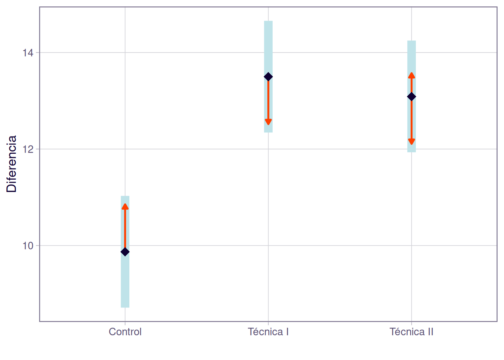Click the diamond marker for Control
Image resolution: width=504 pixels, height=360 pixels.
point(125,252)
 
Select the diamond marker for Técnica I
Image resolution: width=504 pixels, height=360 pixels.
point(268,77)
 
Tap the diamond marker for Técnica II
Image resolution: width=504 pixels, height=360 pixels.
point(411,97)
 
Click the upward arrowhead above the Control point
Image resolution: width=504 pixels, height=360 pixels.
point(125,206)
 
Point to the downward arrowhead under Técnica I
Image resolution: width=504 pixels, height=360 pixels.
point(268,122)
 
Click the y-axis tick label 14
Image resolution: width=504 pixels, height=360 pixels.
point(28,53)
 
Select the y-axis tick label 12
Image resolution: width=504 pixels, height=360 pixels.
point(28,149)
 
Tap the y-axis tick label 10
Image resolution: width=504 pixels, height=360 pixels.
point(28,246)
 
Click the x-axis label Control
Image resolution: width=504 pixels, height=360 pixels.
point(125,332)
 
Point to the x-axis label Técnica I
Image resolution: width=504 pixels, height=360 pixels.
point(268,332)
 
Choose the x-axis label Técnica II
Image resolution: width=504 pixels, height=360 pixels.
point(411,332)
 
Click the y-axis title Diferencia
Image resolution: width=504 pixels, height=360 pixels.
point(12,164)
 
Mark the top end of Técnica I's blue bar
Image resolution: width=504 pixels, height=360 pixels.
point(268,22)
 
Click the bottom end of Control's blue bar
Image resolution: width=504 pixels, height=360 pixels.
point(125,307)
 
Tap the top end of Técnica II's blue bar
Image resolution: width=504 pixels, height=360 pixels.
point(411,41)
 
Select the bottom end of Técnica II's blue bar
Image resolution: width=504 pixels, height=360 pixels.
point(411,151)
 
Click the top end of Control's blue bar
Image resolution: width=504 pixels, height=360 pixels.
point(125,196)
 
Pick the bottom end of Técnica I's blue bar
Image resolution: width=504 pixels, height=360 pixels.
point(268,132)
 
